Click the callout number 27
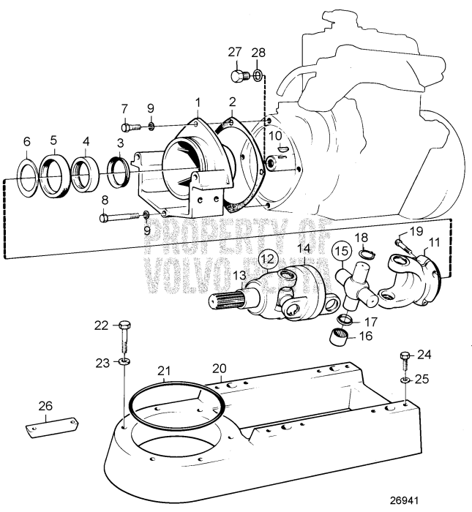click(234, 52)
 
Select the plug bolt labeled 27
click(237, 75)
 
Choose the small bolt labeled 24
click(403, 358)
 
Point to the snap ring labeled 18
click(367, 255)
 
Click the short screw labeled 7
click(128, 129)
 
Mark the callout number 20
click(220, 367)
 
